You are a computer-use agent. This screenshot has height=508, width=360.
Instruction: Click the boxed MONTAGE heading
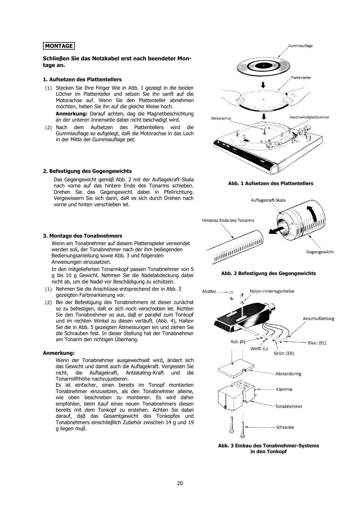point(59,46)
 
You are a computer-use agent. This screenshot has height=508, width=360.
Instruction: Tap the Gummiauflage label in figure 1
point(300,46)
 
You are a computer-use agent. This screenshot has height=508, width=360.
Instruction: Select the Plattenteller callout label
point(301,78)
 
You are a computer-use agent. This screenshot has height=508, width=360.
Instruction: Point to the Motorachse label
point(221,118)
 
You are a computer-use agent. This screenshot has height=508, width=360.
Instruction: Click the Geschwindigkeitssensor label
point(309,117)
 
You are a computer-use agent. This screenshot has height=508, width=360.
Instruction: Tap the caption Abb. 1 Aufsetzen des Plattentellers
point(271,183)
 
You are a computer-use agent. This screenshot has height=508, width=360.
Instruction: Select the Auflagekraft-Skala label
point(268,200)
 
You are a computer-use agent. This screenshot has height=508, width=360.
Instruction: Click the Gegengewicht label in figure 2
point(320,252)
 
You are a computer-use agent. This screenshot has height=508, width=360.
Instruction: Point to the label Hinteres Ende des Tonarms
point(228,220)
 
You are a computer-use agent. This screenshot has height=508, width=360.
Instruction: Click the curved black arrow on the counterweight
point(313,215)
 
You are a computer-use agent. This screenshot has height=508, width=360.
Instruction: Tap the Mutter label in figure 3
point(209,291)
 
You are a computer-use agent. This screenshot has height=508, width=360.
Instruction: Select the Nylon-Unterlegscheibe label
point(272,291)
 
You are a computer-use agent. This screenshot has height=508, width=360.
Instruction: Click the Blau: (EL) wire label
point(317,343)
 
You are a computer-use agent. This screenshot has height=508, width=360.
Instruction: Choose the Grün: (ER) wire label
point(284,353)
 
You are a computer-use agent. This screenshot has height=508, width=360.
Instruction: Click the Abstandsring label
point(288,374)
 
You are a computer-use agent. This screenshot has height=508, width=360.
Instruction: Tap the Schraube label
point(285,427)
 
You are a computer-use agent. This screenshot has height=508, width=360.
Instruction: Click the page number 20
point(180,483)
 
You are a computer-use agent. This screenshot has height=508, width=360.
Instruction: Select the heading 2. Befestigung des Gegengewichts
point(87,171)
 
